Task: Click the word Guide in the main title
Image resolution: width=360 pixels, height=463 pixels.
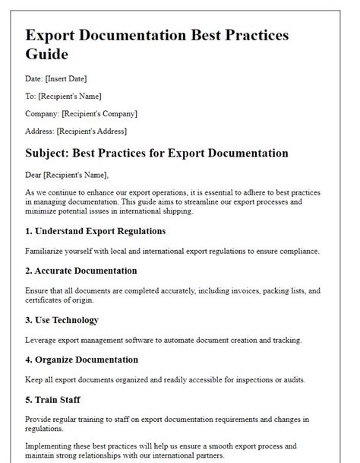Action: click(47, 55)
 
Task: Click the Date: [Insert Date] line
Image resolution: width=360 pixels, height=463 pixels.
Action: click(56, 79)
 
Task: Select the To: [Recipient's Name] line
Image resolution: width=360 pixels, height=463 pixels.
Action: click(63, 97)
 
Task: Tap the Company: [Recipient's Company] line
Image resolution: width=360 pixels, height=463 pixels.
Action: click(81, 113)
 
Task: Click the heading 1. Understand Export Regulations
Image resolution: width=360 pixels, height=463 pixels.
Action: click(96, 230)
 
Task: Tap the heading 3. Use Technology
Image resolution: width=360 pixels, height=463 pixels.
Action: click(62, 320)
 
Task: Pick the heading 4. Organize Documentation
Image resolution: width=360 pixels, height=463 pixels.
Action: click(82, 360)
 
